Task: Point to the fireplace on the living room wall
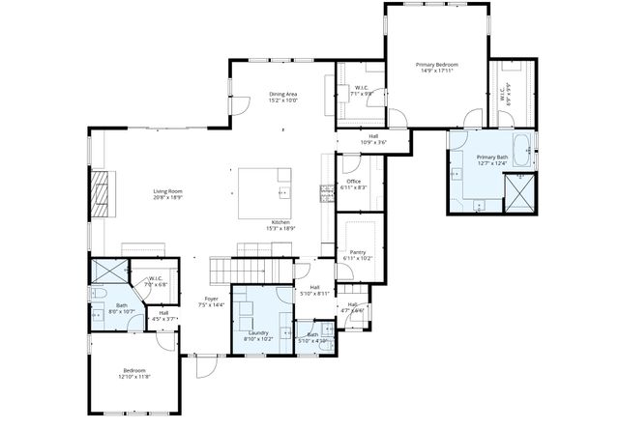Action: (x=100, y=199)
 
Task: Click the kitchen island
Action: (x=265, y=183)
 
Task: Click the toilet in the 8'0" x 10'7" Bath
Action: (x=97, y=293)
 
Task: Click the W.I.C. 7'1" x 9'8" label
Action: (x=360, y=89)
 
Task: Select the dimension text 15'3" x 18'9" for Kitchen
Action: (x=280, y=228)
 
